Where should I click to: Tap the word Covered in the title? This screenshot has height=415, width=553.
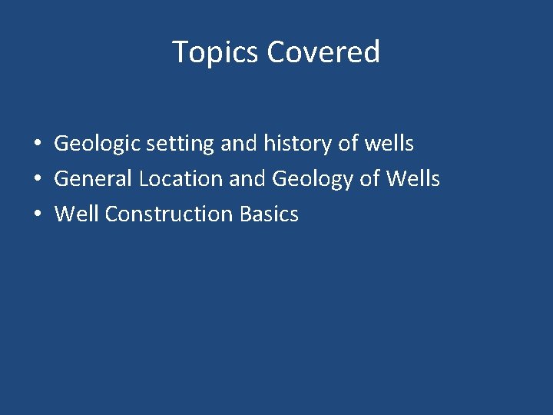[323, 52]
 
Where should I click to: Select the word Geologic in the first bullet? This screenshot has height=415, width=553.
[96, 144]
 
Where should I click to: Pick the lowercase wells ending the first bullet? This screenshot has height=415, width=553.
[390, 143]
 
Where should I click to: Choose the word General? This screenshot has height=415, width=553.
[94, 179]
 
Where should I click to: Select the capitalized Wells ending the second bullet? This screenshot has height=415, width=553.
[413, 178]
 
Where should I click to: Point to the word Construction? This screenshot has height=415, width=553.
[170, 214]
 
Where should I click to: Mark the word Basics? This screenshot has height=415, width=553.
[269, 214]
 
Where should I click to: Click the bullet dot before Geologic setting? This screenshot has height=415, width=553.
[37, 144]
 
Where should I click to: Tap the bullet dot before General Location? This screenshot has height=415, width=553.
[37, 180]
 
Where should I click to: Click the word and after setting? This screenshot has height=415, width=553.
[238, 144]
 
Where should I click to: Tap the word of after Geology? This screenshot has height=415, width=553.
[370, 178]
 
